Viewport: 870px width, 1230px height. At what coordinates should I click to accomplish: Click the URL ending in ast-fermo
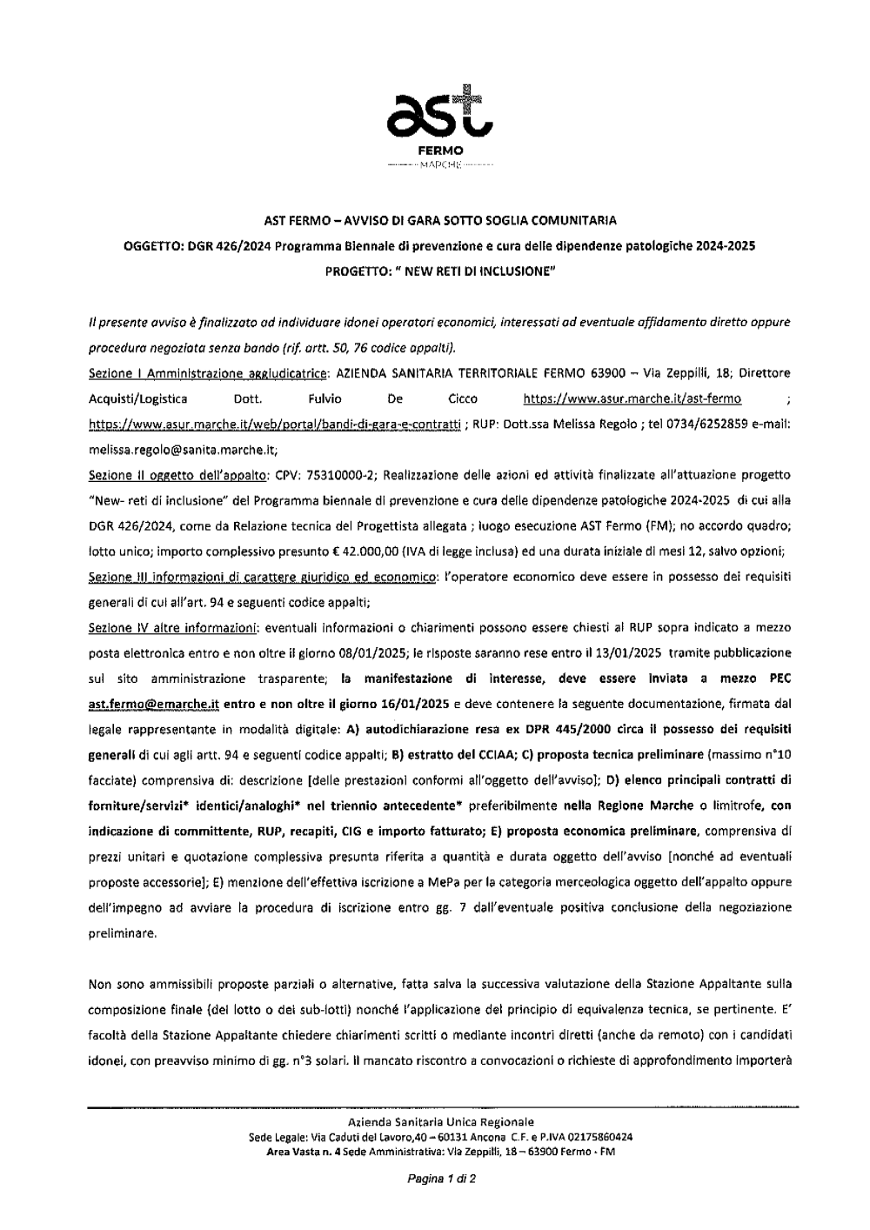tap(632, 399)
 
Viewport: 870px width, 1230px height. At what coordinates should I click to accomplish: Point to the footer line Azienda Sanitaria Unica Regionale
tap(440, 1122)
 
